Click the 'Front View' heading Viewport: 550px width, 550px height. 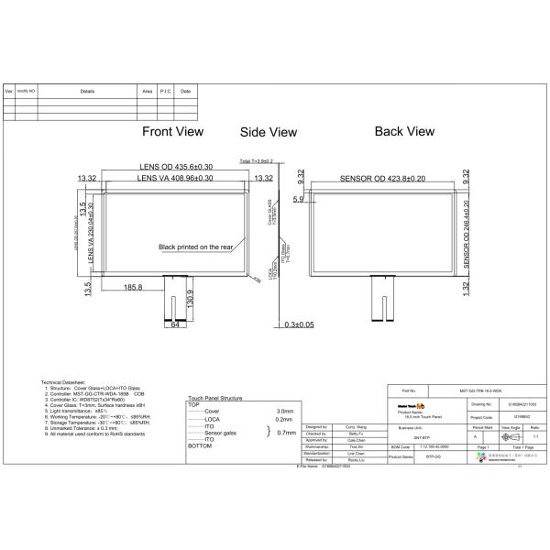[172, 132]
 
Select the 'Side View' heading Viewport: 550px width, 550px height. [269, 133]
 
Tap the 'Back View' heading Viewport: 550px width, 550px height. [404, 132]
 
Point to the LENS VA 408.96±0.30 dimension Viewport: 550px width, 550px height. [175, 178]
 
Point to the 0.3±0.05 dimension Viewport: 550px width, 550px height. [299, 324]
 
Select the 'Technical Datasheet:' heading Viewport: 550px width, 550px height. [63, 379]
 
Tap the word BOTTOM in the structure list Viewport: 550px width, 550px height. [200, 445]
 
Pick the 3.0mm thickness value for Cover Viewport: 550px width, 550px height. [285, 412]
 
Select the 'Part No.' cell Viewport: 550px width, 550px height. [410, 390]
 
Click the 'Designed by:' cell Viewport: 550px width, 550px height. [315, 427]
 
